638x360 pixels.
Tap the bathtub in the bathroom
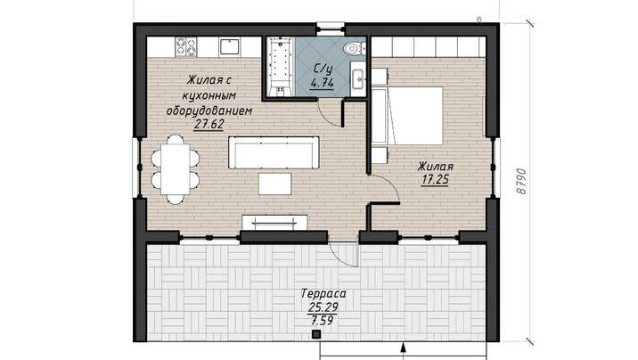pyautogui.click(x=280, y=67)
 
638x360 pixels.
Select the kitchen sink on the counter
pyautogui.click(x=230, y=46)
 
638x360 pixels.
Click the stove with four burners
pyautogui.click(x=186, y=46)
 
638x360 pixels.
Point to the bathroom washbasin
pyautogui.click(x=358, y=78)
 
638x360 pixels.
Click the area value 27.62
pyautogui.click(x=209, y=124)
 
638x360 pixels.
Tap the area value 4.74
pyautogui.click(x=322, y=84)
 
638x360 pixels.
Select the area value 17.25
pyautogui.click(x=435, y=179)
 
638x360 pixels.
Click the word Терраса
pyautogui.click(x=323, y=293)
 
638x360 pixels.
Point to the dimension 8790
pyautogui.click(x=520, y=182)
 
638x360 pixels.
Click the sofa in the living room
pyautogui.click(x=274, y=152)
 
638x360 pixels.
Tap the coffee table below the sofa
pyautogui.click(x=275, y=184)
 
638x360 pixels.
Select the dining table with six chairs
pyautogui.click(x=176, y=169)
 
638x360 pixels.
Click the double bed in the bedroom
pyautogui.click(x=407, y=116)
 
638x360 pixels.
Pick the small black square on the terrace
pyautogui.click(x=316, y=334)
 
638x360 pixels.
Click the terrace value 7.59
pyautogui.click(x=323, y=321)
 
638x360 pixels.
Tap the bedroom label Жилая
pyautogui.click(x=436, y=167)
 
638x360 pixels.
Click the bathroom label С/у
pyautogui.click(x=322, y=69)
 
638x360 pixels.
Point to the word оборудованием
pyautogui.click(x=209, y=110)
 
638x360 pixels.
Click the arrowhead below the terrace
pyautogui.click(x=404, y=347)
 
